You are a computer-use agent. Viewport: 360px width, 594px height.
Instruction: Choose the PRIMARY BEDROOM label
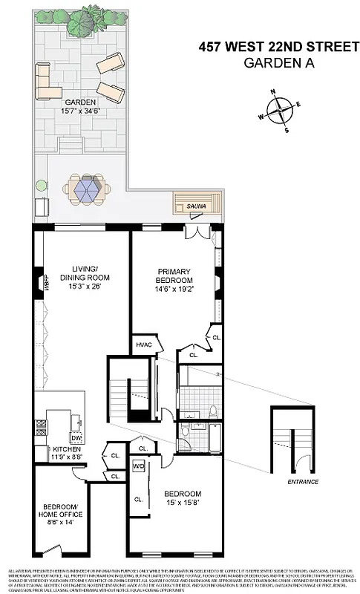pyautogui.click(x=174, y=275)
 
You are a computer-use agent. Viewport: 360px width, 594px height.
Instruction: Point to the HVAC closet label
pyautogui.click(x=143, y=345)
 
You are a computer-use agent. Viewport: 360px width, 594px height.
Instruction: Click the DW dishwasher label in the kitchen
pyautogui.click(x=76, y=437)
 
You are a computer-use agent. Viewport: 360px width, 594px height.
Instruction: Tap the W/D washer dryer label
pyautogui.click(x=139, y=466)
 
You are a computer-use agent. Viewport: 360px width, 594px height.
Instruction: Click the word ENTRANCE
pyautogui.click(x=302, y=482)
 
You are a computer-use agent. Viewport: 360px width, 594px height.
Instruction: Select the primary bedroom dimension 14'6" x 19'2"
pyautogui.click(x=174, y=290)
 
